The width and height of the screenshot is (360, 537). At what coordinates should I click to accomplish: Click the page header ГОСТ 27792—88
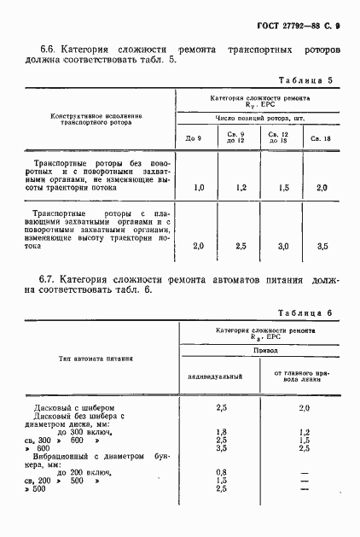pyautogui.click(x=299, y=27)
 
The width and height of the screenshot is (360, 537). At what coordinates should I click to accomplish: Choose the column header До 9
pyautogui.click(x=194, y=138)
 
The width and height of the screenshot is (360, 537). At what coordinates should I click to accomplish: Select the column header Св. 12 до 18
pyautogui.click(x=279, y=137)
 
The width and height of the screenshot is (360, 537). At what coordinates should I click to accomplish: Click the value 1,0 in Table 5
pyautogui.click(x=199, y=186)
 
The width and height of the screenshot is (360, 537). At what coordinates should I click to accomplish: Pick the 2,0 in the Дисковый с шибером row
pyautogui.click(x=305, y=408)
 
